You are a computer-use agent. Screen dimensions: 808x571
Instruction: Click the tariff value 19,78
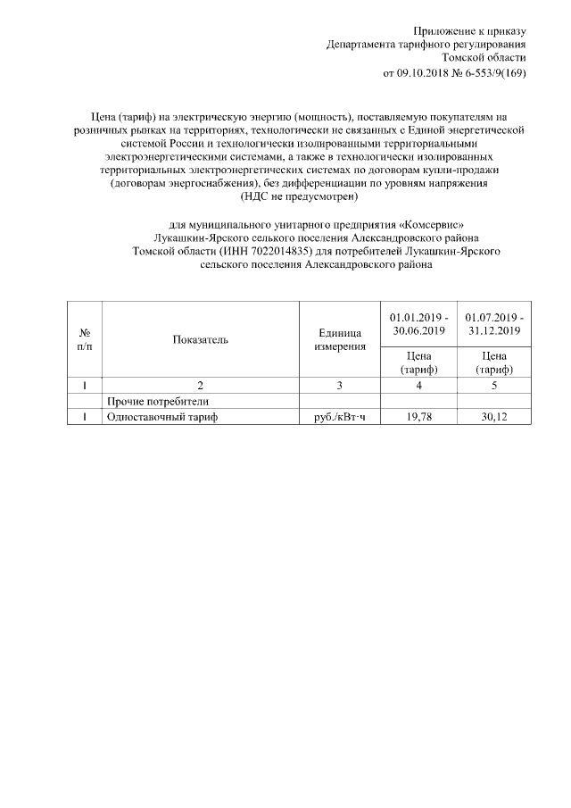pyautogui.click(x=418, y=417)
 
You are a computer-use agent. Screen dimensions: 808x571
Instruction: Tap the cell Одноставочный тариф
pyautogui.click(x=161, y=417)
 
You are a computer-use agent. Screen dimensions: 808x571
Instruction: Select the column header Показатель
pyautogui.click(x=200, y=339)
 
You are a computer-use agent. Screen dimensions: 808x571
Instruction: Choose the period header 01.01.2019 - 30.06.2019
pyautogui.click(x=418, y=324)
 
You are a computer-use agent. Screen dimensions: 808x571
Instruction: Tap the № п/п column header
pyautogui.click(x=84, y=339)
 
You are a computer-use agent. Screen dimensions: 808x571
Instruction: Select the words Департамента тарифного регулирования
pyautogui.click(x=426, y=45)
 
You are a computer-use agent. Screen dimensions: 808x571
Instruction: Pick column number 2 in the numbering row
pyautogui.click(x=200, y=386)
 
